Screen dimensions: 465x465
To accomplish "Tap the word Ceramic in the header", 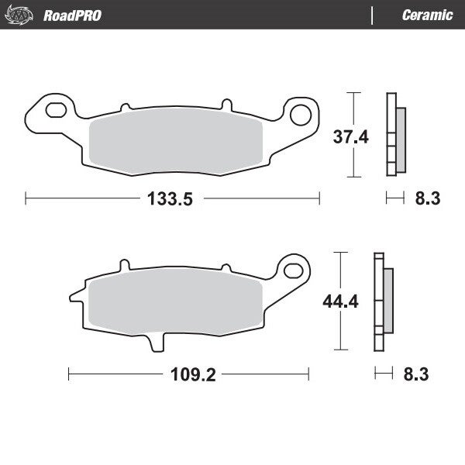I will point(428,15).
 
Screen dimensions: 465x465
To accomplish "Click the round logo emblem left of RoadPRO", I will point(24,14).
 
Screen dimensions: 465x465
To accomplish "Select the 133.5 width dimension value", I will point(169,199).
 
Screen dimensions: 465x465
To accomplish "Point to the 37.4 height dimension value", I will point(328,137).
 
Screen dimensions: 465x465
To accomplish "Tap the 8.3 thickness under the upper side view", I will point(427,199).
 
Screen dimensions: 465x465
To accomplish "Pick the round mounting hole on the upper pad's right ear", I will point(299,115).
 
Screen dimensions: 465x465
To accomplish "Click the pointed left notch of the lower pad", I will point(73,295).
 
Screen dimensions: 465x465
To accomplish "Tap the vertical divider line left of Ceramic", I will point(373,15).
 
